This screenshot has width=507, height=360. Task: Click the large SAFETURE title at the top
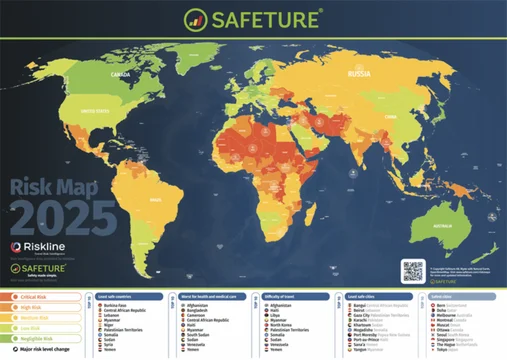pyautogui.click(x=262, y=19)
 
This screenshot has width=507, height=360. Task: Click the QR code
pyautogui.click(x=412, y=269)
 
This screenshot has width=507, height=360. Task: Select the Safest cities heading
pyautogui.click(x=436, y=296)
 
